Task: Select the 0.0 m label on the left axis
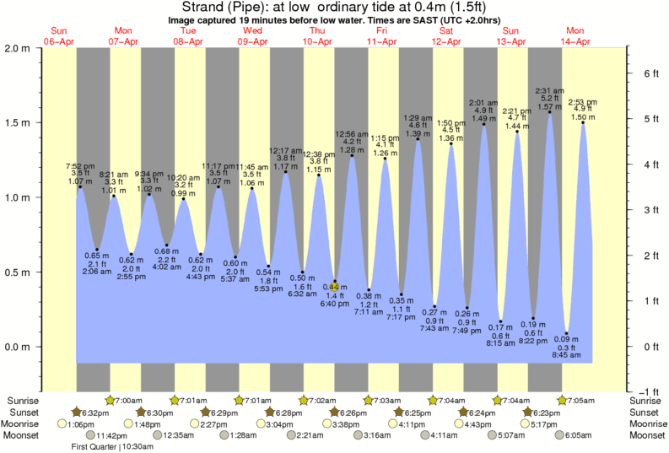tap(18, 347)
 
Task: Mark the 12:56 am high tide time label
tap(352, 133)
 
